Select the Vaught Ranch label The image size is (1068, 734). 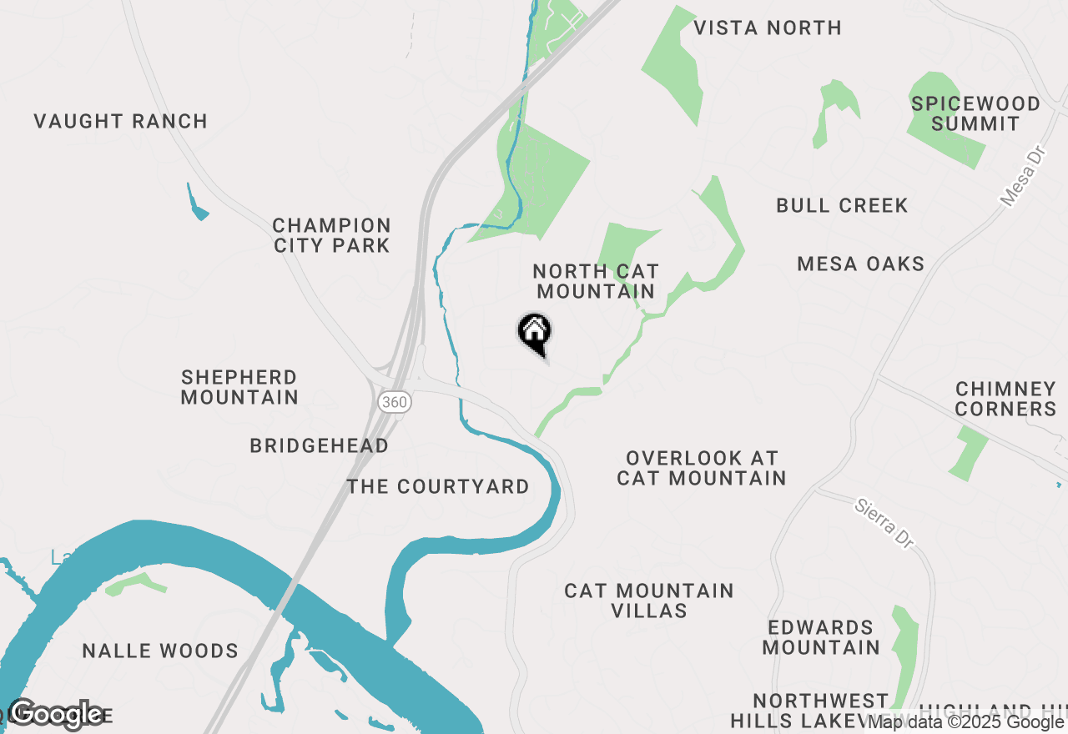point(121,122)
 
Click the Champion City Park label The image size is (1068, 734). point(331,235)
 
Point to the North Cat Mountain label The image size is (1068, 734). point(596,281)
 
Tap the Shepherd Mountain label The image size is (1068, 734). point(239,387)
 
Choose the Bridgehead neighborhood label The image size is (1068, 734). point(319,446)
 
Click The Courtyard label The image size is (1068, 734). point(438,487)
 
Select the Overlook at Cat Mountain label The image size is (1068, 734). point(701,468)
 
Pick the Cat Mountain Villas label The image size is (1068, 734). point(649,601)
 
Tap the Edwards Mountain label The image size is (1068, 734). point(821,637)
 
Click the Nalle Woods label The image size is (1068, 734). point(160,651)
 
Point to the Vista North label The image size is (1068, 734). point(768,28)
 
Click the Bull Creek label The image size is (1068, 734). point(842,206)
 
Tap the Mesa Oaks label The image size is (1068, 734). point(860,264)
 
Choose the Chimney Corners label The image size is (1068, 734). point(1005,399)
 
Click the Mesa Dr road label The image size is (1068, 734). point(1022,177)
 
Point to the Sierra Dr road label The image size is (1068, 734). point(884,523)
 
